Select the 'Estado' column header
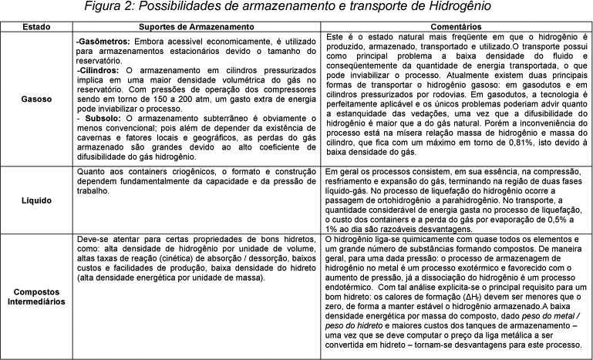pyautogui.click(x=37, y=27)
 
